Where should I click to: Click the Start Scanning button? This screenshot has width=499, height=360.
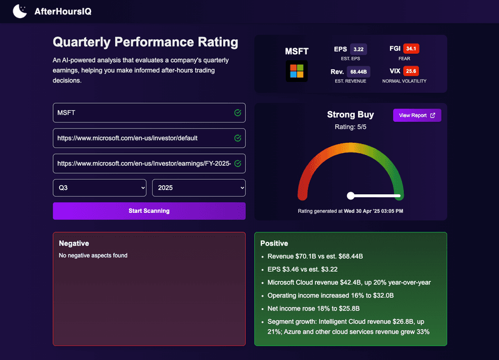coord(149,211)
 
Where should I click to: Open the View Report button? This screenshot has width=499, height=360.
coord(417,115)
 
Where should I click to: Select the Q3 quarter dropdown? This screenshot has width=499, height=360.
coord(99,188)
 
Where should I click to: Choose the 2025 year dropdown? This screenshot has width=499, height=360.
coord(198,188)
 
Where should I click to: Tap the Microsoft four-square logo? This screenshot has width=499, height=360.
coord(297,71)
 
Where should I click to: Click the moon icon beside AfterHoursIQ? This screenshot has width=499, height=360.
coord(20,11)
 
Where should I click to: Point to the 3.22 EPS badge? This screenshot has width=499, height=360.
coord(359,49)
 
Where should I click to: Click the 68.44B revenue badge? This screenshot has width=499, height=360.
coord(359,72)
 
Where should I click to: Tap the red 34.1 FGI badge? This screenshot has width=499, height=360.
coord(411,49)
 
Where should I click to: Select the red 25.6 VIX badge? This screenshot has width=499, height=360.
coord(411,71)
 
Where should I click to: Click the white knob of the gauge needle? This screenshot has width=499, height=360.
coord(351,195)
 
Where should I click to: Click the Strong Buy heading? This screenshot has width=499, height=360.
coord(350,115)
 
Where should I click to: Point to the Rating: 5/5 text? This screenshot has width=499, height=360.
coord(350,127)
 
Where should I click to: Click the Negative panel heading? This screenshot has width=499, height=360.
coord(74,244)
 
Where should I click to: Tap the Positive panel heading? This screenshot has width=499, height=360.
coord(274,244)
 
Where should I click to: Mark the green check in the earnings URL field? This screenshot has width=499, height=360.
coord(237,163)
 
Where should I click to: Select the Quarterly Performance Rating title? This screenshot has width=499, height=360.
coord(145,42)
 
